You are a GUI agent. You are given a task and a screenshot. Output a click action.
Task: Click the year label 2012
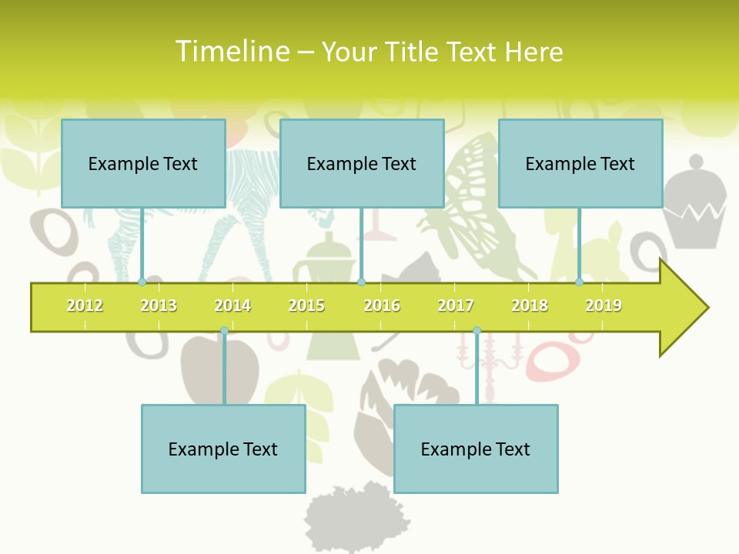85,305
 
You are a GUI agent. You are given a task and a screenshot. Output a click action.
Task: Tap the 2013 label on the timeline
159,305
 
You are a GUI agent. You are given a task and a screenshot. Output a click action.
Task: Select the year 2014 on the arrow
232,305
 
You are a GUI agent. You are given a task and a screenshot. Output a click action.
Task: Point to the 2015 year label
306,305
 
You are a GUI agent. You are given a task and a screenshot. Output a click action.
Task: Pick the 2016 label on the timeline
382,305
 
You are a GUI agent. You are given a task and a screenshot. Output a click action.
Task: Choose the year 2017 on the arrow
456,305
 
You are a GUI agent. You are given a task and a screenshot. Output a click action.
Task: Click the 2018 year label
530,305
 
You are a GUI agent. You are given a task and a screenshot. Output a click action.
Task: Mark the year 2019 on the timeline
604,305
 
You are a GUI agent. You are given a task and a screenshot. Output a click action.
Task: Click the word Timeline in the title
232,52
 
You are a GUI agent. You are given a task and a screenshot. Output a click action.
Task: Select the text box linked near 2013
143,163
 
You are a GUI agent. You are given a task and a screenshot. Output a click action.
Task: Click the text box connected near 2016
362,163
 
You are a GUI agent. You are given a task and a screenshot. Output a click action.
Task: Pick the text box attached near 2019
580,163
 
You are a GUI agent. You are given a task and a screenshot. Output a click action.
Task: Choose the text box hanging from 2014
223,449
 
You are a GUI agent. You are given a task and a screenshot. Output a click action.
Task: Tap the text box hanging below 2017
476,449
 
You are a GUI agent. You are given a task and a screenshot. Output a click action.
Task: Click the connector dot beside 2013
142,282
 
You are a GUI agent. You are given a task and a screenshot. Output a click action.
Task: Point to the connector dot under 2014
224,331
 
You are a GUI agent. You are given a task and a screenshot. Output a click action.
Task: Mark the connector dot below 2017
477,331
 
